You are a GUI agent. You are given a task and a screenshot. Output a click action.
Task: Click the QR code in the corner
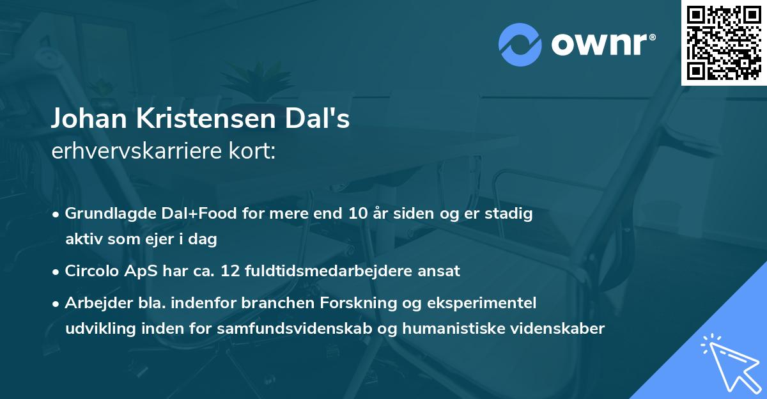pyautogui.click(x=724, y=42)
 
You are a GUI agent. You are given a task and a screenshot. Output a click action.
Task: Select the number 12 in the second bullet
pyautogui.click(x=229, y=270)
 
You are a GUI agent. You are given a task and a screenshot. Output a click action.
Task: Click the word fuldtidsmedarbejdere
pyautogui.click(x=329, y=270)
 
